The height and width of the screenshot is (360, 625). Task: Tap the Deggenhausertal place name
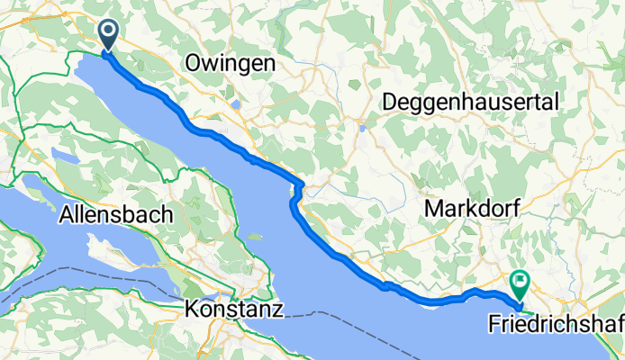[472, 103]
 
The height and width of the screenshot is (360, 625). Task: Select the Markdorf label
[466, 209]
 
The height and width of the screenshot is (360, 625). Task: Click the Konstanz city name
[234, 310]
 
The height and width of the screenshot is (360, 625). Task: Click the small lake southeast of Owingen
[235, 103]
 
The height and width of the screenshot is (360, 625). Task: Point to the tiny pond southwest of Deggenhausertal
[363, 128]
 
